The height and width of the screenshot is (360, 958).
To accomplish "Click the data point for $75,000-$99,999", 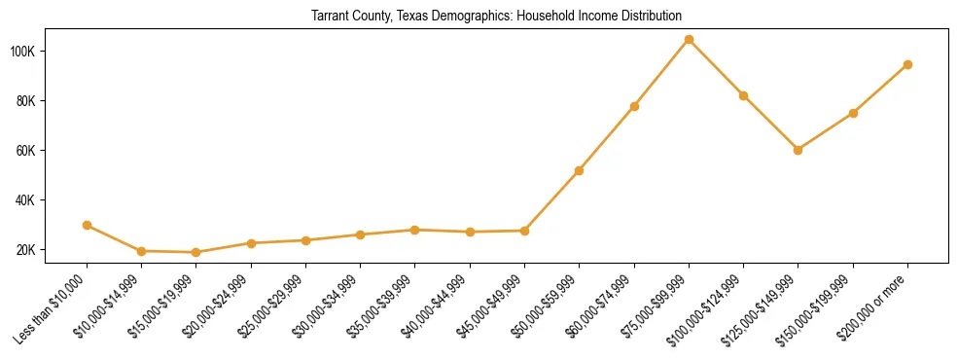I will pyautogui.click(x=689, y=40).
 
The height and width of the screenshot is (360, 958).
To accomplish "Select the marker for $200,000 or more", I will pyautogui.click(x=907, y=65).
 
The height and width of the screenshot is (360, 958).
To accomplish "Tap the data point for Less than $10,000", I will pyautogui.click(x=88, y=225).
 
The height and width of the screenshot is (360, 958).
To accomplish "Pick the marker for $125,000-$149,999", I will pyautogui.click(x=798, y=150).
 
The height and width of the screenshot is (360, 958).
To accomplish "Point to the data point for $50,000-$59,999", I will pyautogui.click(x=579, y=170).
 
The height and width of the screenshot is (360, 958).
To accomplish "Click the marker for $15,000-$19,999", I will pyautogui.click(x=196, y=252).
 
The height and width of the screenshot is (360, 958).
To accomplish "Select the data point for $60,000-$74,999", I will pyautogui.click(x=634, y=106).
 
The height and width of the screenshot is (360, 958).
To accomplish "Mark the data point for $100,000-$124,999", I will pyautogui.click(x=743, y=95).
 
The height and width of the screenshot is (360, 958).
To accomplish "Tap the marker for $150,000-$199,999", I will pyautogui.click(x=853, y=113).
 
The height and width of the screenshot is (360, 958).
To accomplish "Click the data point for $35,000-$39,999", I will pyautogui.click(x=415, y=230).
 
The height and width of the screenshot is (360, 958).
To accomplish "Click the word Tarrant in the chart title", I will pyautogui.click(x=332, y=17).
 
